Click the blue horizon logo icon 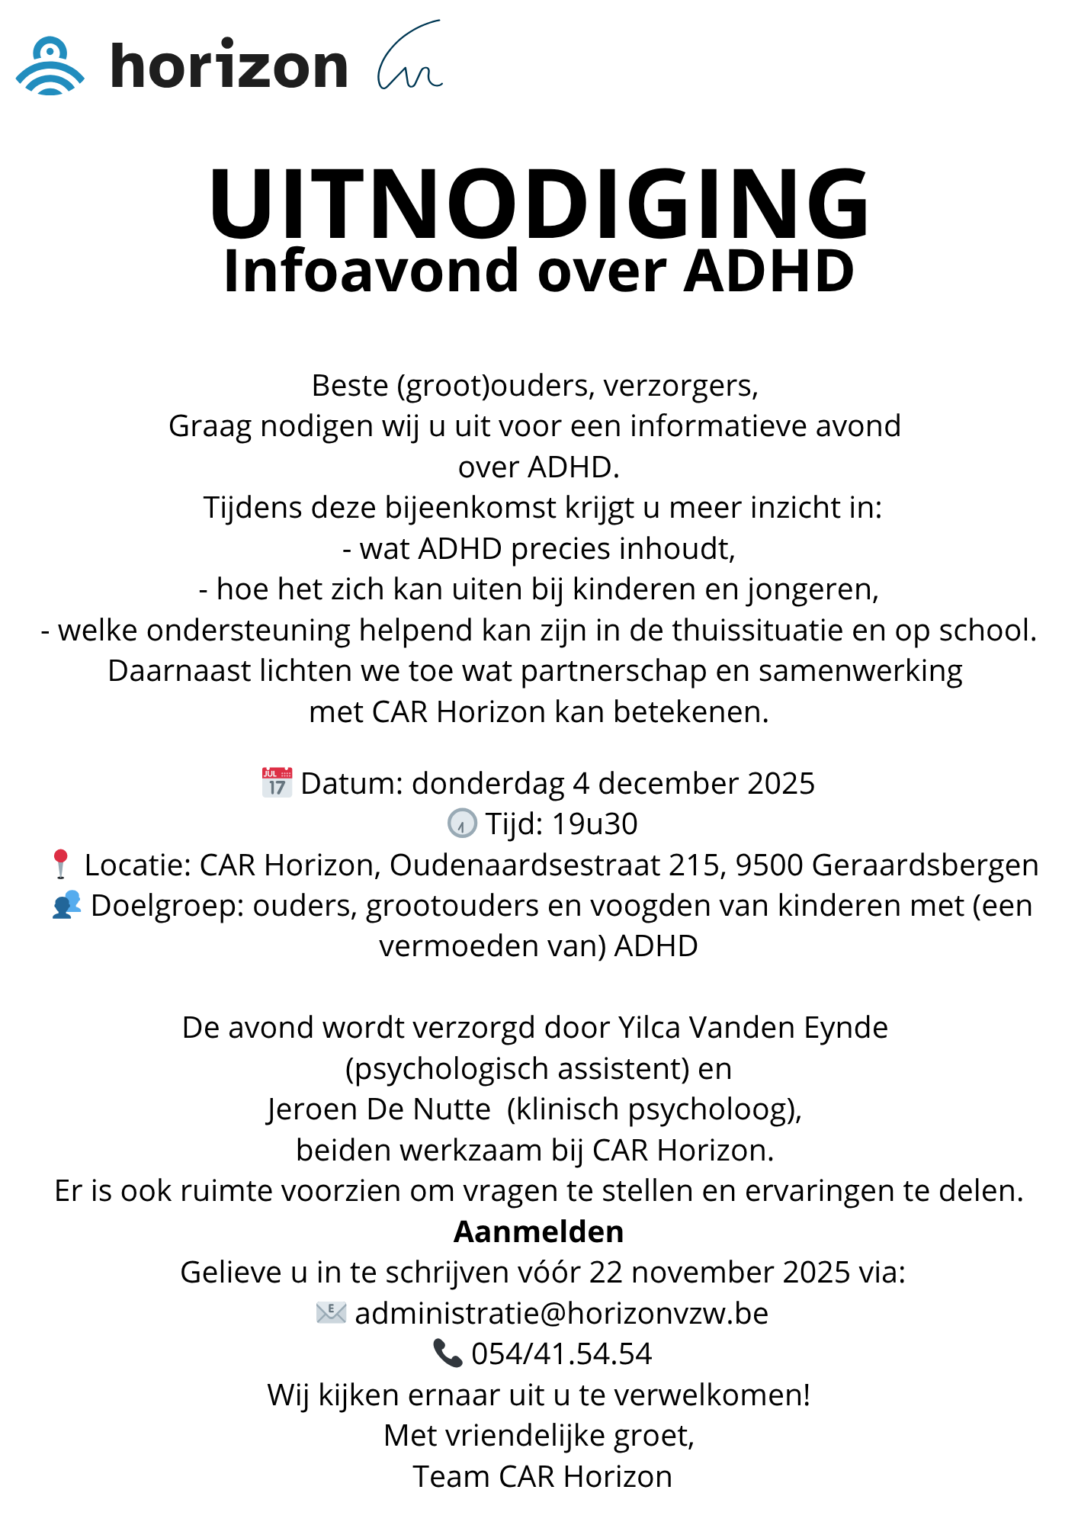pos(50,66)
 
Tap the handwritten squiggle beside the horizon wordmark pos(409,58)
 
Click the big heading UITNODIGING pos(539,204)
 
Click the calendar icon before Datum pos(277,782)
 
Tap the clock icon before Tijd pos(461,823)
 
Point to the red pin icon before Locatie pos(61,865)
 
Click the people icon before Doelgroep pos(66,905)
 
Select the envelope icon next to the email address pos(331,1313)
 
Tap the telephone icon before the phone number pos(448,1353)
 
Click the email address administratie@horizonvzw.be pos(561,1313)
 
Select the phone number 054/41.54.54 pos(561,1353)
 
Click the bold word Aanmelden pos(539,1231)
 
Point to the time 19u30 pos(595,823)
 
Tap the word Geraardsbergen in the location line pos(925,865)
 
